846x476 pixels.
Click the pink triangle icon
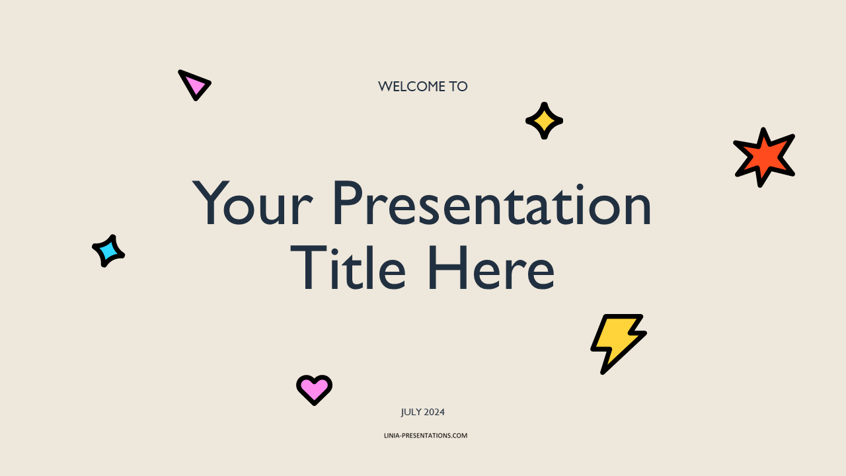coord(194,85)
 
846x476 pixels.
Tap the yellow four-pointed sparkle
coord(544,121)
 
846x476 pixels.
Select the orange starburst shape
coord(764,157)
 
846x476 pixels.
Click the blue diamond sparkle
coord(108,251)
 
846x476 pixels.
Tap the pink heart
coord(314,390)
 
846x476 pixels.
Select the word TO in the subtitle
coord(458,87)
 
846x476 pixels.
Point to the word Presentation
coord(492,203)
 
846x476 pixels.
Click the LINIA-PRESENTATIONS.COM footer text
coord(426,436)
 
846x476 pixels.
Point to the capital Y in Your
coord(211,203)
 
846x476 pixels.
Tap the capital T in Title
coord(308,268)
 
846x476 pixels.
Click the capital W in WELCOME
coord(386,87)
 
